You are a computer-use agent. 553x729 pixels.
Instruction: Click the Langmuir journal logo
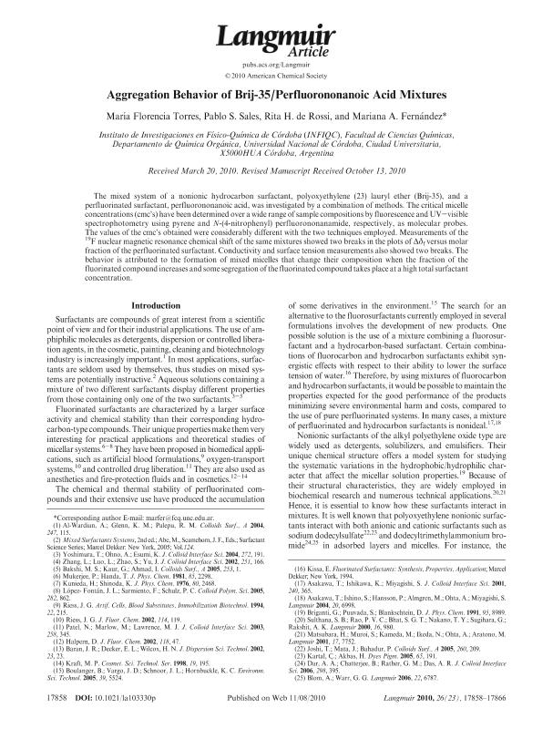point(276,35)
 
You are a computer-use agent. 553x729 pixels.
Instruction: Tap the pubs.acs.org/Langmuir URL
point(276,66)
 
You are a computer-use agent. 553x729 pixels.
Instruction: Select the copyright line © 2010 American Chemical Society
point(276,77)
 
